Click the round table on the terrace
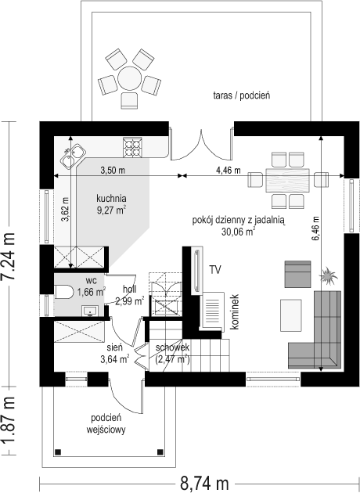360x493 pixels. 129,78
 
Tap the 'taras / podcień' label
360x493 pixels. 242,95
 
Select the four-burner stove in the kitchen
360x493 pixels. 132,147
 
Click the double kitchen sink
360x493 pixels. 74,156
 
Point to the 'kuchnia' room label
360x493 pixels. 111,199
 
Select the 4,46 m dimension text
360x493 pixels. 229,171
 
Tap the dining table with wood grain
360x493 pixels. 287,180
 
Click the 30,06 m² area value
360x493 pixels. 238,232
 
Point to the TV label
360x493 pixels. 215,270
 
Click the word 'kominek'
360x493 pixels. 235,312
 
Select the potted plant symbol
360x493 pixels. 328,275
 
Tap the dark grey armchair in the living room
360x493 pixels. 297,274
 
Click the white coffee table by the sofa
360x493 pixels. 291,315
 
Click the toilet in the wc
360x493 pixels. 63,291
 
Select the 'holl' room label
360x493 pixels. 130,289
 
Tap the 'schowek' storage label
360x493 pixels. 172,347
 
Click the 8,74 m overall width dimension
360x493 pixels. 204,483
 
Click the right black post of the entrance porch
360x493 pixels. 160,452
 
